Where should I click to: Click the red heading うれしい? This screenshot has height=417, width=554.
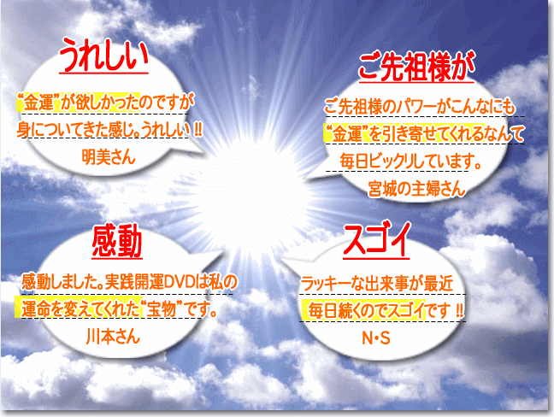click(x=103, y=55)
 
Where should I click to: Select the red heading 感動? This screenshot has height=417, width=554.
click(x=117, y=242)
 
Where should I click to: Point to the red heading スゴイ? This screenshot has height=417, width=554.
click(x=376, y=239)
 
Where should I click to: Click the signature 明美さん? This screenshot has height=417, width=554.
click(x=109, y=156)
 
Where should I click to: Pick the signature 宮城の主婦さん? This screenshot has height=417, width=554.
click(x=416, y=188)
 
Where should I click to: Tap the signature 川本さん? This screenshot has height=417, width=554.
click(x=113, y=336)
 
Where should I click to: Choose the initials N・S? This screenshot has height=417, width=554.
click(x=376, y=338)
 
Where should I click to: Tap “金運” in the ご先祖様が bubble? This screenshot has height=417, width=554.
click(x=347, y=134)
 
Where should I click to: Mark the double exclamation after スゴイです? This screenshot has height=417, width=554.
click(x=459, y=310)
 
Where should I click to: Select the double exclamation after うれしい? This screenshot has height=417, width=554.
click(x=197, y=130)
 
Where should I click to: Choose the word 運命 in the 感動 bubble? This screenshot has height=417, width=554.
click(x=35, y=309)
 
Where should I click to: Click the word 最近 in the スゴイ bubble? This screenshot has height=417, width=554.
click(x=439, y=284)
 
